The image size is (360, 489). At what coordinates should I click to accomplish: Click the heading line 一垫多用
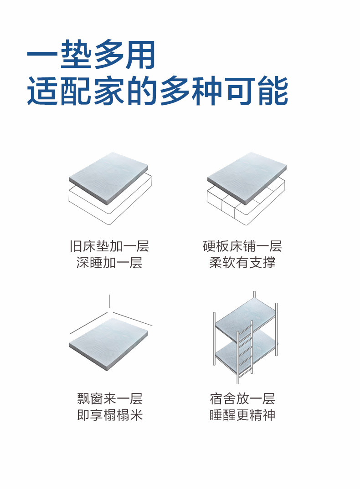point(91,55)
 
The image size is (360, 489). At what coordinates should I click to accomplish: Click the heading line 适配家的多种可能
point(157,91)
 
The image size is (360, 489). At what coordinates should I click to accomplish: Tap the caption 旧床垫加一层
point(109,246)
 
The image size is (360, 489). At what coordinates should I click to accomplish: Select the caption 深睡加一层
point(109,263)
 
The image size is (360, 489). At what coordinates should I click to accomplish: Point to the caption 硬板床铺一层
point(242,246)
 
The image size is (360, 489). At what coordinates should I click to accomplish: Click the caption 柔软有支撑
point(242,263)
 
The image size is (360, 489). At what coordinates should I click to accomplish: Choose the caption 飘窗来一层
point(110,399)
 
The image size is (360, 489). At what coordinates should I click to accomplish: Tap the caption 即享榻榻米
point(110,415)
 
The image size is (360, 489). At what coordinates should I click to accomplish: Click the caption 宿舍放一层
point(242,399)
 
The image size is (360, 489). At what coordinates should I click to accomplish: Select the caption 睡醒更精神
point(242,415)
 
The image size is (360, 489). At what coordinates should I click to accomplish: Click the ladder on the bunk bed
point(245,353)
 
